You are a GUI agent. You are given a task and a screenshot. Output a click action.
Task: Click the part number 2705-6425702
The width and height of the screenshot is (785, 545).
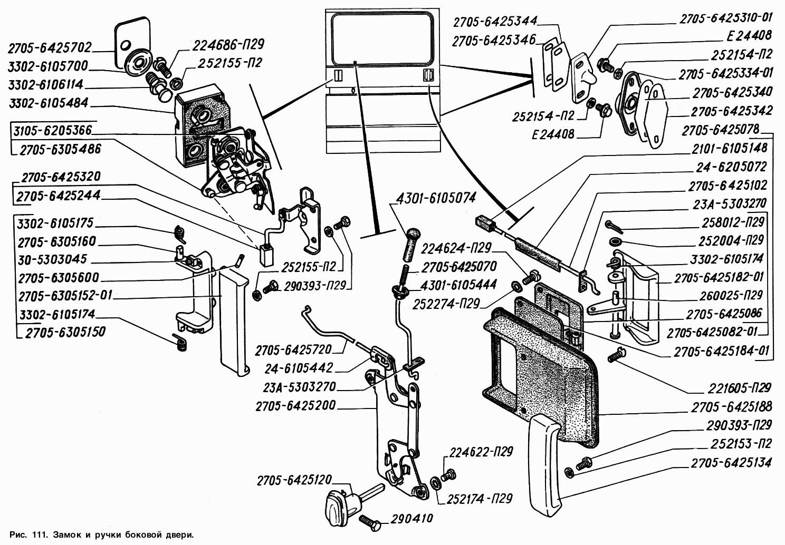[x=50, y=48]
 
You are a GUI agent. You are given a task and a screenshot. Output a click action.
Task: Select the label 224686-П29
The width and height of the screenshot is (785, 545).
[x=228, y=44]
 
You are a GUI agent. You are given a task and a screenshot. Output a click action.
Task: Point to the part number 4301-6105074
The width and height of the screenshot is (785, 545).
[x=435, y=198]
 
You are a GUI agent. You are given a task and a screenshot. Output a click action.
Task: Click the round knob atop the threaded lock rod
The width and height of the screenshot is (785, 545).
[x=411, y=233]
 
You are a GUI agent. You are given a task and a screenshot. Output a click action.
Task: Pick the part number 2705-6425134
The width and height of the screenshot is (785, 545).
[x=731, y=463]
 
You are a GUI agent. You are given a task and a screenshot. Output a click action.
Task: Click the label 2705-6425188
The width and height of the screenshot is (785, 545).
[x=731, y=406]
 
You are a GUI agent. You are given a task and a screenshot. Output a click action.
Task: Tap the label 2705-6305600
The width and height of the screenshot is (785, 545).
[x=58, y=277]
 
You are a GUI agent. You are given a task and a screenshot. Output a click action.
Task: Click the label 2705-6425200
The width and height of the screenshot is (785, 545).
[x=295, y=406]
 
